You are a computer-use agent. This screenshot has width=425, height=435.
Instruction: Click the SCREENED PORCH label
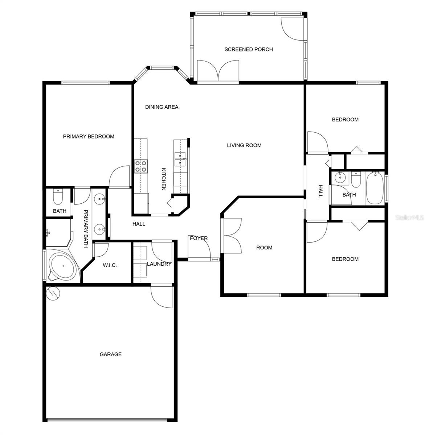coord(248,49)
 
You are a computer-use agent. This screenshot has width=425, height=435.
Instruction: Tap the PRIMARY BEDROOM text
coord(89,137)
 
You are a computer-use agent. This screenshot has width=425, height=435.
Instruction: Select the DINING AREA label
coord(162,107)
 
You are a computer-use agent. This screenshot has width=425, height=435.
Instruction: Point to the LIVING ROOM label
coord(244,145)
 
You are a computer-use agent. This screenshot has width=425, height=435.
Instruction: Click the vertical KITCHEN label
coord(164,179)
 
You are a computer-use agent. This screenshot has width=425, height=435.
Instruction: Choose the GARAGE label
coord(111,354)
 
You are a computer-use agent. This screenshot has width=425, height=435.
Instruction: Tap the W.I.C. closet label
coord(110,265)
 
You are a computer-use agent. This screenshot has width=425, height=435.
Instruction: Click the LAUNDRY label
coord(159,264)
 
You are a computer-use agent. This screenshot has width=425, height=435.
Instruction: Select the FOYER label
coord(199,238)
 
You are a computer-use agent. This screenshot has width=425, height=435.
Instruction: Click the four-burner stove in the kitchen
coord(141,166)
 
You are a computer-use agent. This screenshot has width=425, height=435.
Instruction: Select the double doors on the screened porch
coord(218,70)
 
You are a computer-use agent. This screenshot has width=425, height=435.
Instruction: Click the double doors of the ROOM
coord(232,236)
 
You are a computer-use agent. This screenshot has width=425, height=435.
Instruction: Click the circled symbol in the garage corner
coord(53,293)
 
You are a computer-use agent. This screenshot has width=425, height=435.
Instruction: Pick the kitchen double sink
coord(180,159)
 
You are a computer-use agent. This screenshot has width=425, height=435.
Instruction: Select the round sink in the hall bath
coord(340,178)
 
